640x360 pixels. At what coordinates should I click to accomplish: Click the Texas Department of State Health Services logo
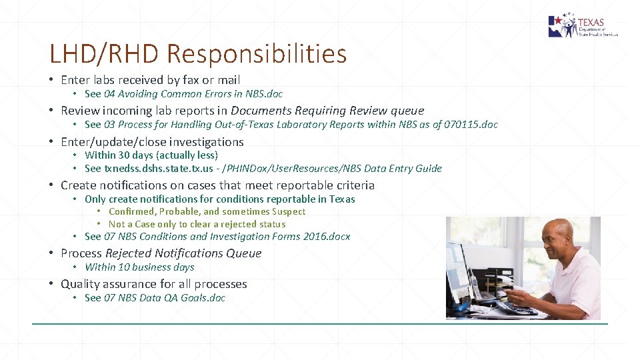pos(583,26)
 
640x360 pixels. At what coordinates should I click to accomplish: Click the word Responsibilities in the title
pos(257,53)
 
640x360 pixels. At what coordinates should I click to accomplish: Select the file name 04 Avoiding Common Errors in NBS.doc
pos(193,94)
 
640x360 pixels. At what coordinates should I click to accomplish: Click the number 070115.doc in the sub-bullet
pos(470,125)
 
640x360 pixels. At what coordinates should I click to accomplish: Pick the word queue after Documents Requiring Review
pos(407,111)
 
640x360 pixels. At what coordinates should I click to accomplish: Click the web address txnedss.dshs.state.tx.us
pos(159,169)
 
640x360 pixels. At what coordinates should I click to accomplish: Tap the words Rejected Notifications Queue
pos(183,253)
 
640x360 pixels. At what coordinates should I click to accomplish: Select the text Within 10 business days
pos(139,267)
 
